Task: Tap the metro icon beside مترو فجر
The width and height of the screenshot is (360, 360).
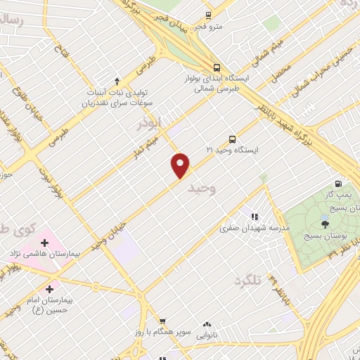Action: point(208,15)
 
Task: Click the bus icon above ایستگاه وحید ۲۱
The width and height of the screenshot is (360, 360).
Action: point(233,139)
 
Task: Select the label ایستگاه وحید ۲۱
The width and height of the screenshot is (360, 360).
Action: point(233,150)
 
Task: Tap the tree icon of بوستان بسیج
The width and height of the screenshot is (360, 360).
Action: point(324,224)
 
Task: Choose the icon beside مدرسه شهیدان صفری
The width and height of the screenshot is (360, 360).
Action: point(254,217)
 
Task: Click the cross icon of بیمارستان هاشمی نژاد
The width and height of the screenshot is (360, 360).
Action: point(44,243)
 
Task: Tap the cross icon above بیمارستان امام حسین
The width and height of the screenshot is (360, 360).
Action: point(49,288)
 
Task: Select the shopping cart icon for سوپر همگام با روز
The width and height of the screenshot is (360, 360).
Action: point(162,321)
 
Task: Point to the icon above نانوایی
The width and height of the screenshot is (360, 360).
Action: point(207,325)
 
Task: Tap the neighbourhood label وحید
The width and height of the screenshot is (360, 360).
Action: point(202,188)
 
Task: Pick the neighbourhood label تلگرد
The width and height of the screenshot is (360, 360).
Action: point(247,281)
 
